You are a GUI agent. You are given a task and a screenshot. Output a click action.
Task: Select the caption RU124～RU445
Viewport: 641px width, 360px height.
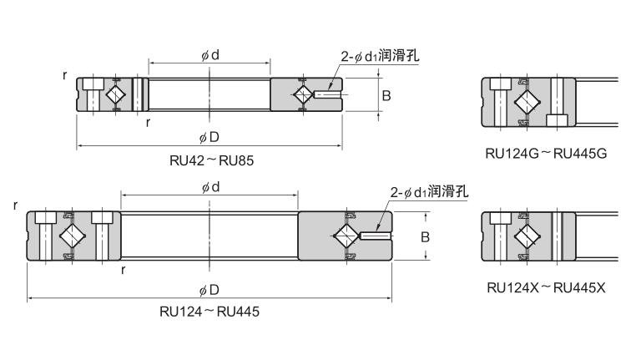[x=209, y=312]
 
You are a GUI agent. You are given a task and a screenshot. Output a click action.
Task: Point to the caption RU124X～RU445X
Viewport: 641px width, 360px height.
[x=546, y=288]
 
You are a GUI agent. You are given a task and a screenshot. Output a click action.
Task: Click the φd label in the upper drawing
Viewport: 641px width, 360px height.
[x=209, y=54]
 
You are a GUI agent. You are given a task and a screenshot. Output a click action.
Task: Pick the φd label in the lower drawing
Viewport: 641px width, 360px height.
[x=209, y=187]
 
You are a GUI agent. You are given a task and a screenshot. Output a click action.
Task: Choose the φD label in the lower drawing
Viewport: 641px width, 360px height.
[x=209, y=290]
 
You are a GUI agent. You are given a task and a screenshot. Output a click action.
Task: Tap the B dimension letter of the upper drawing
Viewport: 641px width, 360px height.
[x=386, y=96]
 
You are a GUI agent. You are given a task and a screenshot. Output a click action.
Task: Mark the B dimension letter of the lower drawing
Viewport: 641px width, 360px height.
[x=424, y=237]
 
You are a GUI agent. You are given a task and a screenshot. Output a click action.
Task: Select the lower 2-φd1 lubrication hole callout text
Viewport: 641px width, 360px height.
[x=429, y=193]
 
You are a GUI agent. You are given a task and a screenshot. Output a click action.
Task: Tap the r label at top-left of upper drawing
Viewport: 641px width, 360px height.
[x=65, y=75]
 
